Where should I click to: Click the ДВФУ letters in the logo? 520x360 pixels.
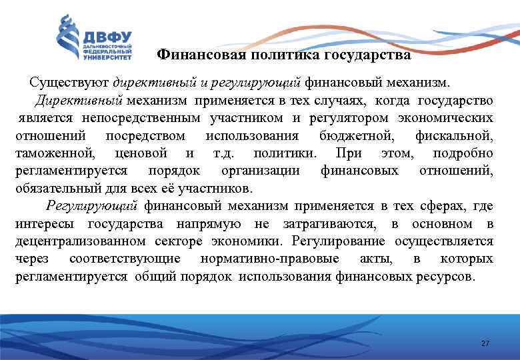(107, 36)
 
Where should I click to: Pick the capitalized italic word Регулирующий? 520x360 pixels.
(92, 205)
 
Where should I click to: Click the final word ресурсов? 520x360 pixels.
(447, 275)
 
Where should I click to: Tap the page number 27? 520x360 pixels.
(485, 343)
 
